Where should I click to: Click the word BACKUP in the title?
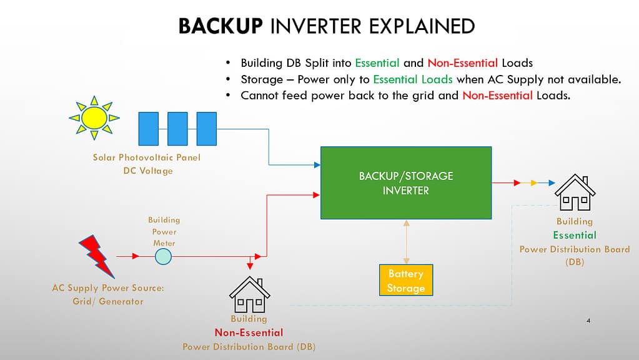pyautogui.click(x=220, y=26)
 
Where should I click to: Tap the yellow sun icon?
pyautogui.click(x=94, y=117)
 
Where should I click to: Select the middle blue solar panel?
pyautogui.click(x=177, y=129)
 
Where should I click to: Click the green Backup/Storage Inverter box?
pyautogui.click(x=405, y=182)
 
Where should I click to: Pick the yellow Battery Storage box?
pyautogui.click(x=405, y=281)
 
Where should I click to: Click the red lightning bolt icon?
pyautogui.click(x=98, y=256)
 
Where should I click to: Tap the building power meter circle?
pyautogui.click(x=163, y=256)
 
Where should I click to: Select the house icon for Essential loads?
pyautogui.click(x=575, y=193)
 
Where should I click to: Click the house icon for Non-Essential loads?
pyautogui.click(x=249, y=294)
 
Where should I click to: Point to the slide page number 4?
pyautogui.click(x=589, y=321)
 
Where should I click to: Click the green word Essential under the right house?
pyautogui.click(x=574, y=235)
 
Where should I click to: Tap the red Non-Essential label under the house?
pyautogui.click(x=249, y=332)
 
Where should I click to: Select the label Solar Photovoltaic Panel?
pyautogui.click(x=147, y=157)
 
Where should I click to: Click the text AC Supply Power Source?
pyautogui.click(x=112, y=289)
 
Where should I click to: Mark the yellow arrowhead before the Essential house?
pyautogui.click(x=533, y=183)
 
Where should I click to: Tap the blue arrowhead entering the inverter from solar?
pyautogui.click(x=317, y=165)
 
